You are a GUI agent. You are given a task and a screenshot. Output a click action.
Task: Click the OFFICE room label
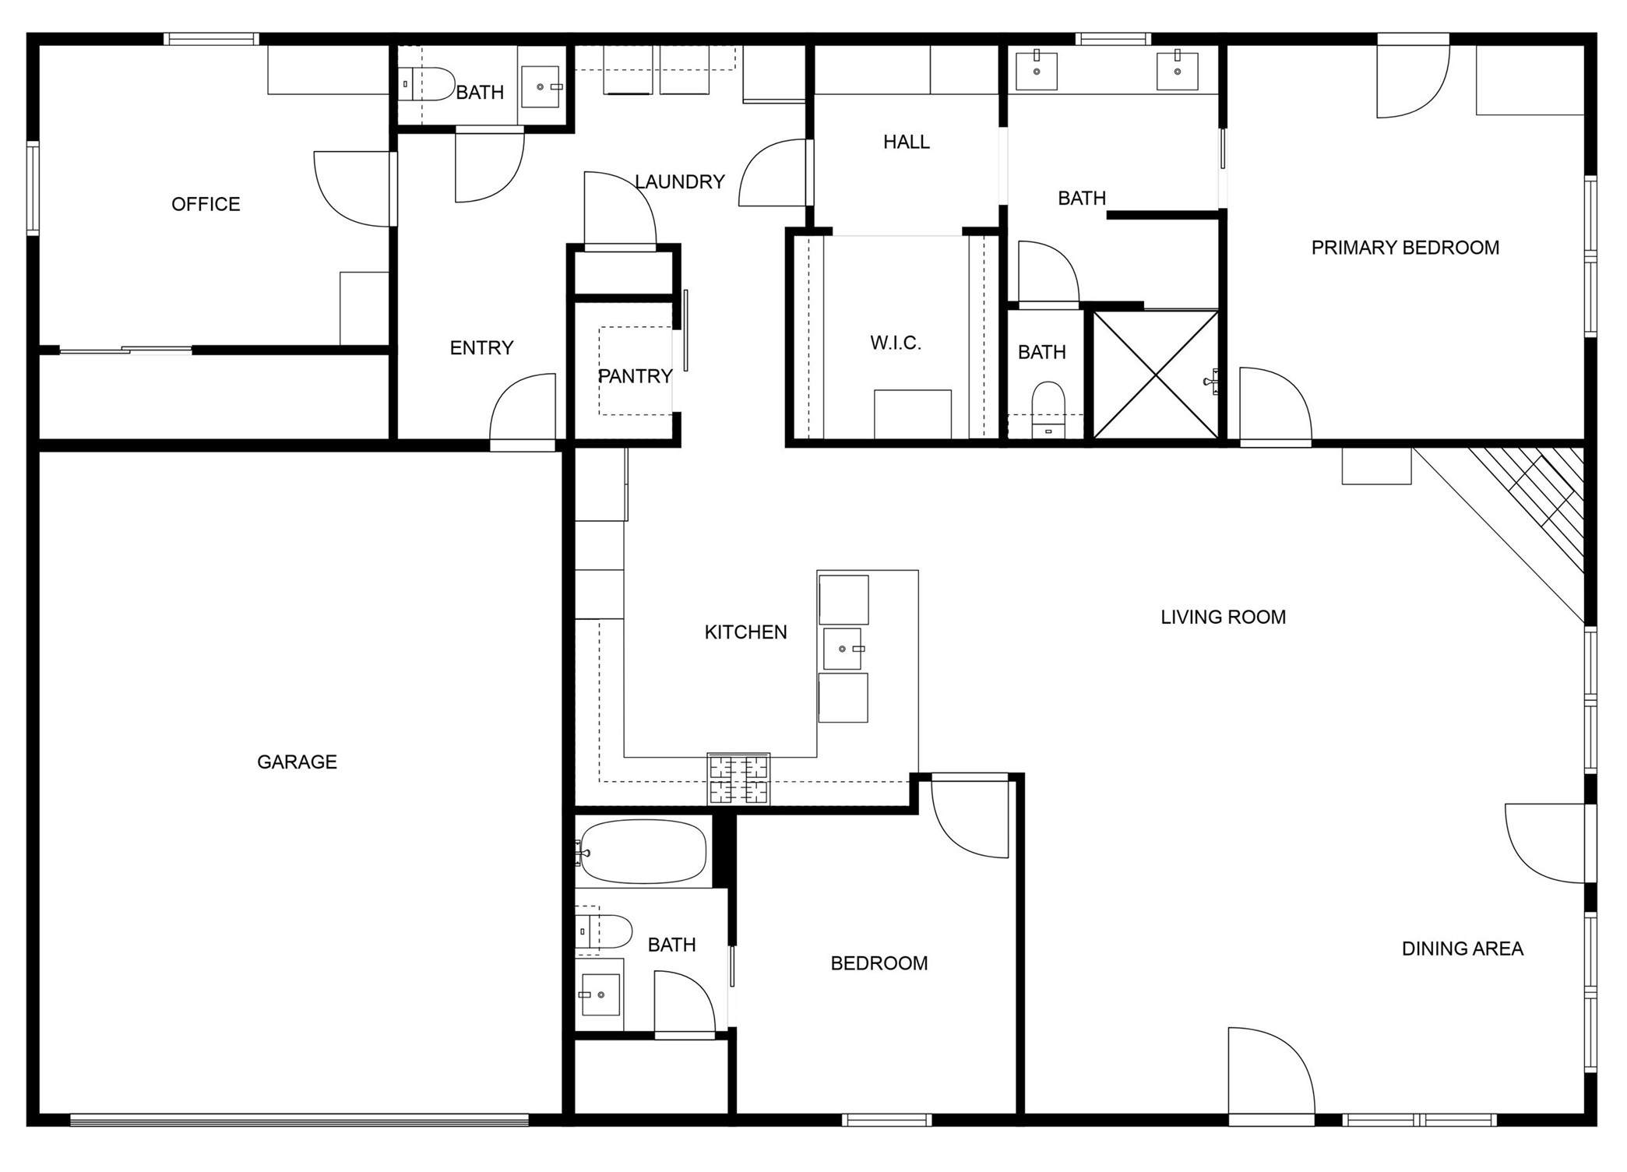206,204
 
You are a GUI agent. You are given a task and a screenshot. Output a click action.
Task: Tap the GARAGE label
297,762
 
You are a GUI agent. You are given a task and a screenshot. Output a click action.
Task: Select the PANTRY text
635,376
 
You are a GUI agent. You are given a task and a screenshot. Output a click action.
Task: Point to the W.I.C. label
896,343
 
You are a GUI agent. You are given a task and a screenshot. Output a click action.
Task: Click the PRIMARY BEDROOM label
1405,248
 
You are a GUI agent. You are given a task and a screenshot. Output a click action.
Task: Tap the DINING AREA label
1462,949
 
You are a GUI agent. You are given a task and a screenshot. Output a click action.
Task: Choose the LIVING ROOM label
1223,618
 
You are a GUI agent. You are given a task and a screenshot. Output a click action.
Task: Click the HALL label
907,142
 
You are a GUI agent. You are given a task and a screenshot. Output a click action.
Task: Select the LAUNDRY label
680,182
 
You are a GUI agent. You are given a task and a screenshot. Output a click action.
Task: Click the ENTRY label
481,348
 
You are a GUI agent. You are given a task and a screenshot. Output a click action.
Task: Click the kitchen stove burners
738,779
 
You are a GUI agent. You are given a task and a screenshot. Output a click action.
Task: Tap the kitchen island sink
843,649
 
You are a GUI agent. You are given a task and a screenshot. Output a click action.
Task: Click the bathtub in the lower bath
643,851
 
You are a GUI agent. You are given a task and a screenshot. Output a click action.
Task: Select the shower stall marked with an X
1156,374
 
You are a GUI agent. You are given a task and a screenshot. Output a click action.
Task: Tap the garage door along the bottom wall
300,1120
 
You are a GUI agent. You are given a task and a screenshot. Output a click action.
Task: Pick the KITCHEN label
745,632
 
